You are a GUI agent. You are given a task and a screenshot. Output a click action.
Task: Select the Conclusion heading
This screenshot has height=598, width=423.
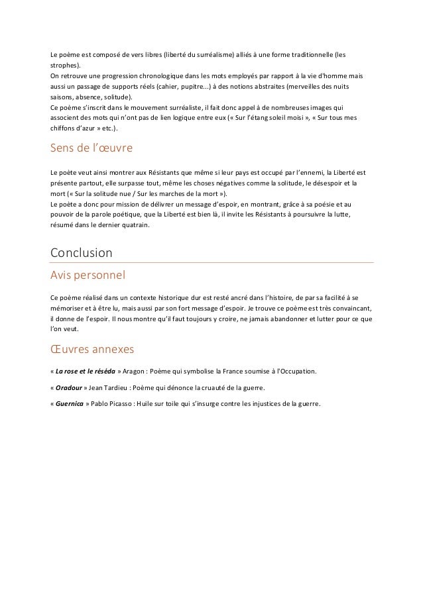click(x=81, y=253)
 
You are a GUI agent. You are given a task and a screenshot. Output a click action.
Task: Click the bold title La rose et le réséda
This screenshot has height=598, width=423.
click(x=85, y=369)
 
